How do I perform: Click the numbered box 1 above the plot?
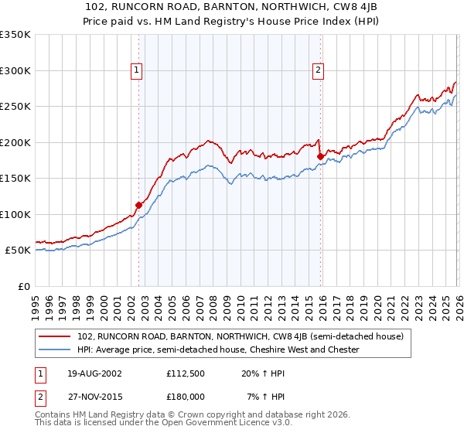[x=136, y=70]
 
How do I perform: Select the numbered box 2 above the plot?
[x=318, y=70]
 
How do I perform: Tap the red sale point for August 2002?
[x=139, y=206]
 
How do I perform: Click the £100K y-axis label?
[x=15, y=214]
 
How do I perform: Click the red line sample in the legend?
[x=55, y=336]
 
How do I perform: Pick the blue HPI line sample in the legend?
[x=55, y=349]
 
